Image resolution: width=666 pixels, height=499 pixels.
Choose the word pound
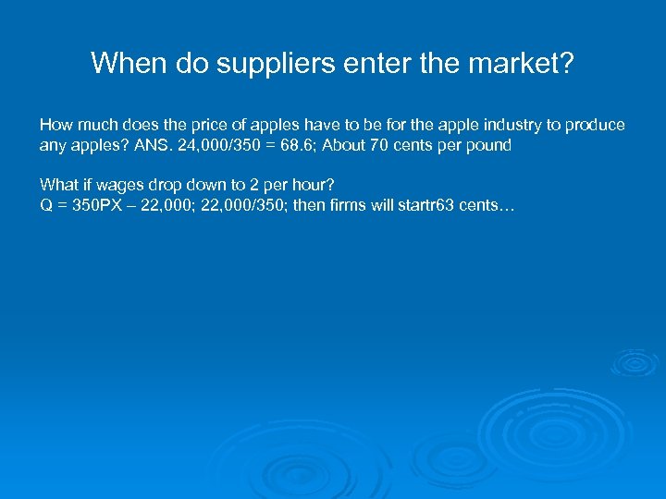(488, 146)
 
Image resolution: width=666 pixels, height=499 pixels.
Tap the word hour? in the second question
(313, 184)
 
